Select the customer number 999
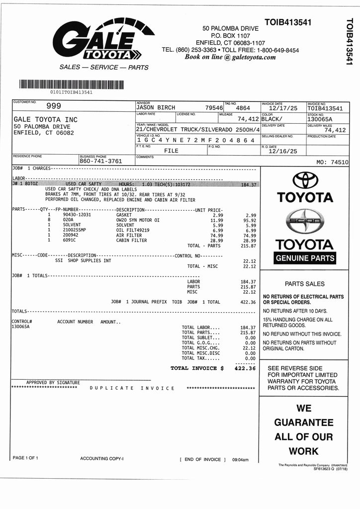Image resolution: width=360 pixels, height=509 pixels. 54,106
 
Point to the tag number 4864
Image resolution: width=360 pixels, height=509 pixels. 243,108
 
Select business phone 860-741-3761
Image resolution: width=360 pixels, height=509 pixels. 100,161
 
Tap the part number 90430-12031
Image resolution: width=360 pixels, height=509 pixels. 77,215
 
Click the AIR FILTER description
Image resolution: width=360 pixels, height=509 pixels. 129,236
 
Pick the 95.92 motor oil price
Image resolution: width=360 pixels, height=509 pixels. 249,220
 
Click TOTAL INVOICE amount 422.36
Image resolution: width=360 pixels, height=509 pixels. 245,368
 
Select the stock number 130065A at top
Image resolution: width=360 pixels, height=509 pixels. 319,119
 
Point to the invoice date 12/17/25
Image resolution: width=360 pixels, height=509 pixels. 283,108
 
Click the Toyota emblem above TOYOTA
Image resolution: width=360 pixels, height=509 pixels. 305,180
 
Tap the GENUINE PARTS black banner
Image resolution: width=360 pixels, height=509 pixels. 305,258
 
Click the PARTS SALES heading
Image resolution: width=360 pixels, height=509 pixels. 304,284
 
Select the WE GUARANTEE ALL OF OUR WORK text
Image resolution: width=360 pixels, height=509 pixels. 304,429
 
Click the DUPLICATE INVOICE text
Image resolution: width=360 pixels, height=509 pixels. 132,388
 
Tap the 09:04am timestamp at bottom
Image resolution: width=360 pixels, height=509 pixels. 240,460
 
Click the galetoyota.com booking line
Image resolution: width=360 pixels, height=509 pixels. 230,57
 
